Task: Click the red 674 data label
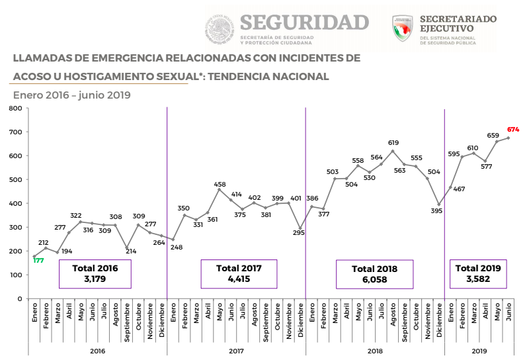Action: tap(513, 129)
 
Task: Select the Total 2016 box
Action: tap(95, 273)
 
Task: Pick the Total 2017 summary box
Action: tap(239, 273)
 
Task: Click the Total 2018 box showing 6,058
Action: tap(374, 274)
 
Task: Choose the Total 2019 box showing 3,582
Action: tap(478, 273)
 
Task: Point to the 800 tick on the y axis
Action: tap(15, 108)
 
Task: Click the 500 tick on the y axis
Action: tap(15, 179)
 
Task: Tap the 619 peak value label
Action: tap(393, 142)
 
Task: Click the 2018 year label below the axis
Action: tap(374, 351)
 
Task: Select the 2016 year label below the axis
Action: tap(97, 351)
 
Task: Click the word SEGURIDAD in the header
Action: tap(304, 22)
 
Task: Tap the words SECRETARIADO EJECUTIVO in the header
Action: tap(458, 24)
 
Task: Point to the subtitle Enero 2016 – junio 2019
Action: tap(72, 95)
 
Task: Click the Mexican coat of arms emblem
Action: tap(219, 30)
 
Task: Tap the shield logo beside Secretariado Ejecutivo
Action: tap(402, 28)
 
